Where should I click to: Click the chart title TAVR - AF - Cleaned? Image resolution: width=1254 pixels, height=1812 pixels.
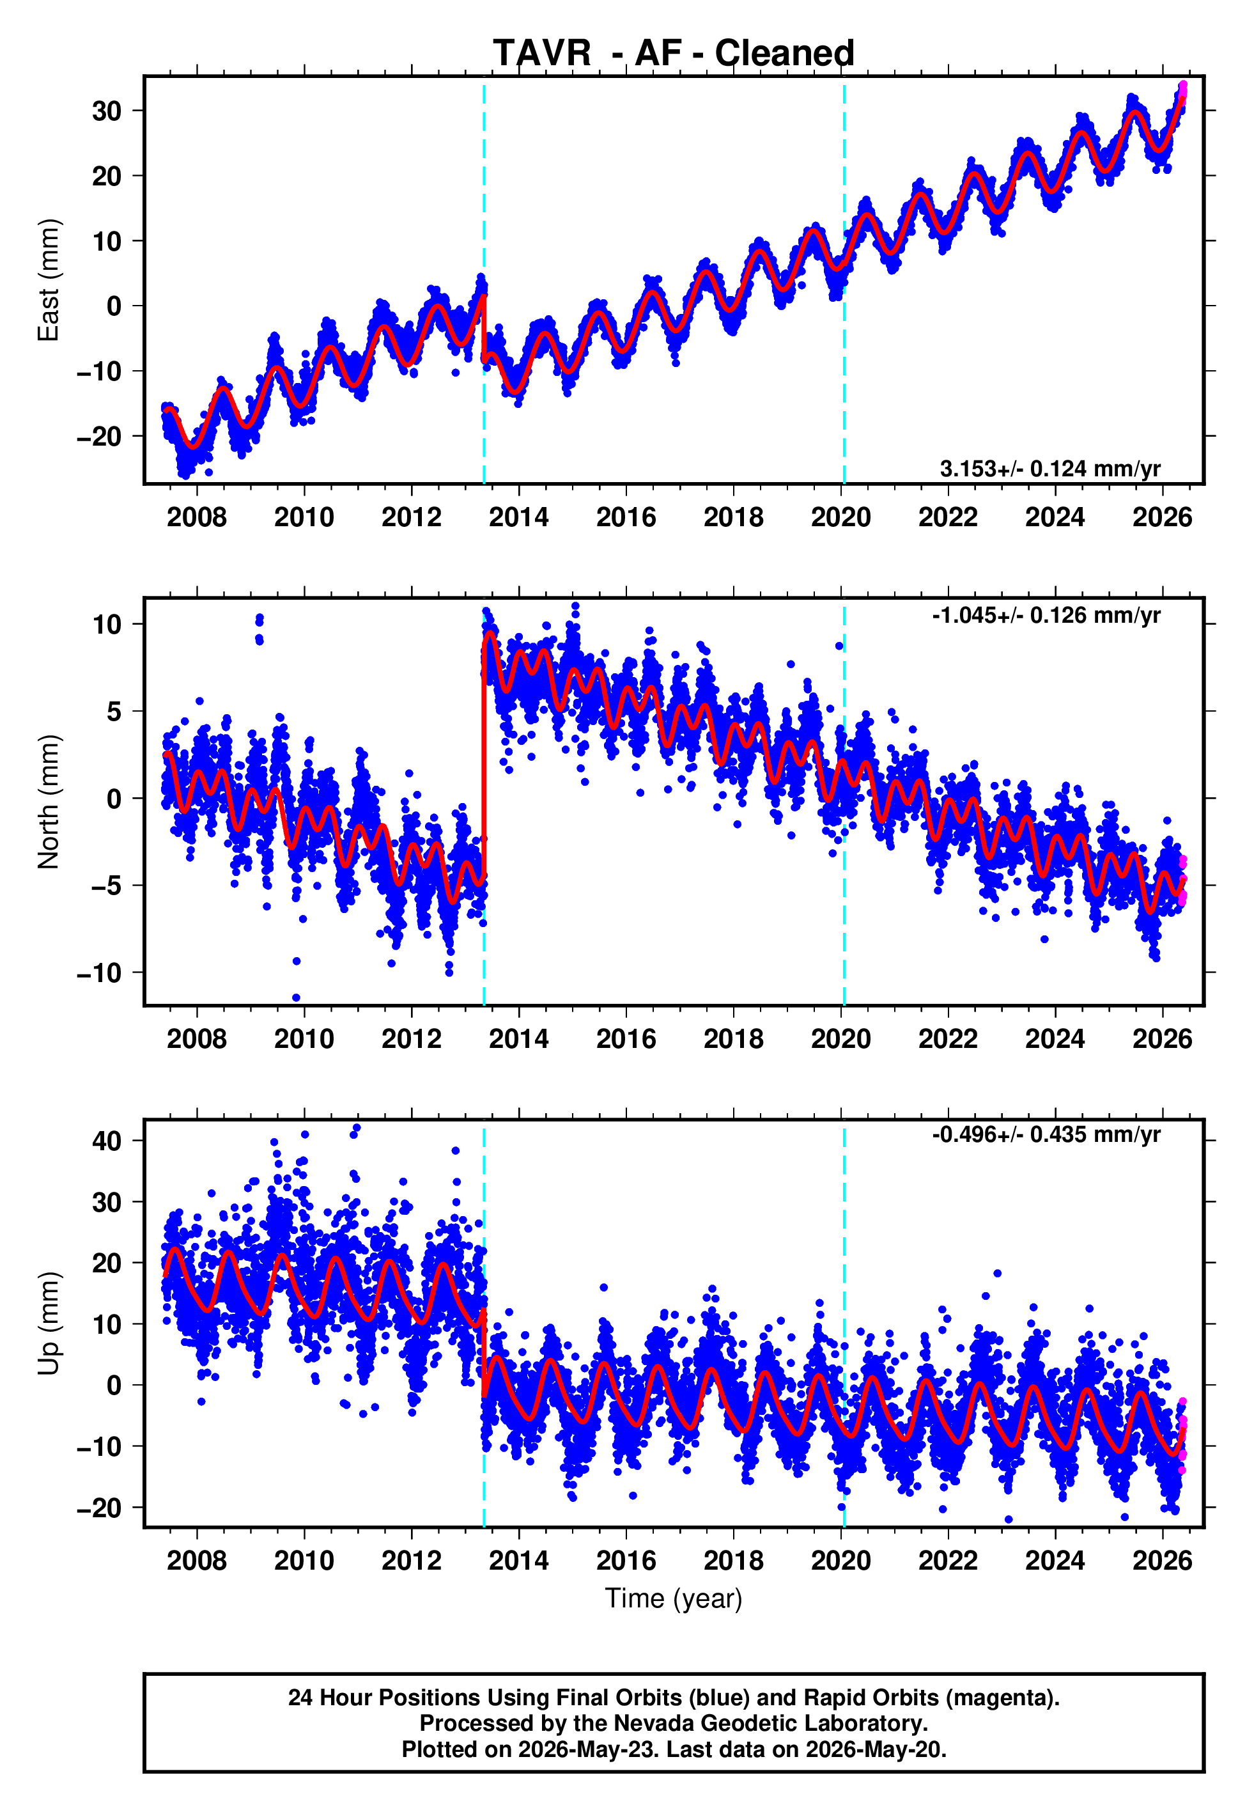[x=674, y=54]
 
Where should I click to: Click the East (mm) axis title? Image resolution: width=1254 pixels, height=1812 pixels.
[x=49, y=280]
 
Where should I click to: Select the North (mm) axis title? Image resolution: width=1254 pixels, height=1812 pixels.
[x=49, y=802]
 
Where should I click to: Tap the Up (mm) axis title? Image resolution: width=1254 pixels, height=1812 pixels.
[x=49, y=1324]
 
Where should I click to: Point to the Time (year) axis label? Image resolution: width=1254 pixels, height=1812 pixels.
[x=674, y=1599]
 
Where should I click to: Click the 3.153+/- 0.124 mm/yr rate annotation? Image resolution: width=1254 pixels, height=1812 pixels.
[x=1049, y=469]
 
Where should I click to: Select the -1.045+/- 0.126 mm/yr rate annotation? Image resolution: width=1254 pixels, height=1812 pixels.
[x=1046, y=615]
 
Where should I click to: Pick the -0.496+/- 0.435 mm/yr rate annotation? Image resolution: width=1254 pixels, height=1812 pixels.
[x=1046, y=1135]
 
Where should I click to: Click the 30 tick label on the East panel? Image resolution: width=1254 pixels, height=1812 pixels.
[x=107, y=111]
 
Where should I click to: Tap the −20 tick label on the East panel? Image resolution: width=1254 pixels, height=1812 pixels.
[x=99, y=436]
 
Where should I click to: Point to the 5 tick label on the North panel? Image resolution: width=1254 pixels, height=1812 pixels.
[x=114, y=711]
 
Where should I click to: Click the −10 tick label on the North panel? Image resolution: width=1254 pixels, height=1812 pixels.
[x=99, y=972]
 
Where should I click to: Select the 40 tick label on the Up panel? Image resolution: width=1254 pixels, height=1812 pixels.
[x=107, y=1141]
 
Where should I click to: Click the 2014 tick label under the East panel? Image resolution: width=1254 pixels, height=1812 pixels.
[x=518, y=517]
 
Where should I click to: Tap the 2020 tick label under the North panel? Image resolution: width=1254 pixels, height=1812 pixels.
[x=840, y=1039]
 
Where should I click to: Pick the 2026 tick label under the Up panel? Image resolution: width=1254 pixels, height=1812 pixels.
[x=1162, y=1561]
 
